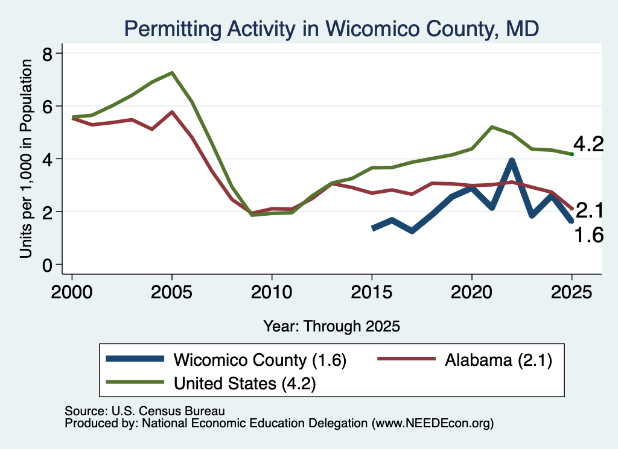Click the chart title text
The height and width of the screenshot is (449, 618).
331,29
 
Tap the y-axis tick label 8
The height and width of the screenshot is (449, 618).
47,53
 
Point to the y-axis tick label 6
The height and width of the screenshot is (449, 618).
47,106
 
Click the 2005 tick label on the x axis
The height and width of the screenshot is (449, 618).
171,292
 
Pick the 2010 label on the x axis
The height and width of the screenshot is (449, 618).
272,292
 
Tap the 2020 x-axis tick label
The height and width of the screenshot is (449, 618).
472,292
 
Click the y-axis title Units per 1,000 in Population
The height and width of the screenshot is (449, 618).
26,159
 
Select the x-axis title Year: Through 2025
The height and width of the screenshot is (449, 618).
331,326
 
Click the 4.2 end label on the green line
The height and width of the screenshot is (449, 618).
588,145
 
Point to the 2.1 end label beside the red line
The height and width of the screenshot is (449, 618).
590,210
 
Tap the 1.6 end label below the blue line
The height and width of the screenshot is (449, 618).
588,235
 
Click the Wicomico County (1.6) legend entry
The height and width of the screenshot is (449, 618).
226,360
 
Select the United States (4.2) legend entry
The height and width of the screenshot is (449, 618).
211,383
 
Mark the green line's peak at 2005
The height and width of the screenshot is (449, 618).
172,73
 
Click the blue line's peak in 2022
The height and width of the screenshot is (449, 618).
512,160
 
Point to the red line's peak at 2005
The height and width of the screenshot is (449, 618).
172,111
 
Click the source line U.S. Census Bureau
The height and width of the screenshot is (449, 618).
145,411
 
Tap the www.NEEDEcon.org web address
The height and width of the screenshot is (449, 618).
432,424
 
